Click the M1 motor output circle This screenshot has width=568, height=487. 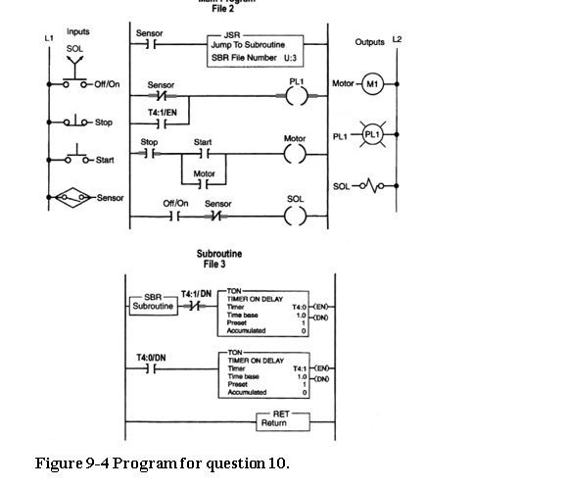tap(372, 84)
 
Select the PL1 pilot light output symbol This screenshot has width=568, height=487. tap(372, 135)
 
